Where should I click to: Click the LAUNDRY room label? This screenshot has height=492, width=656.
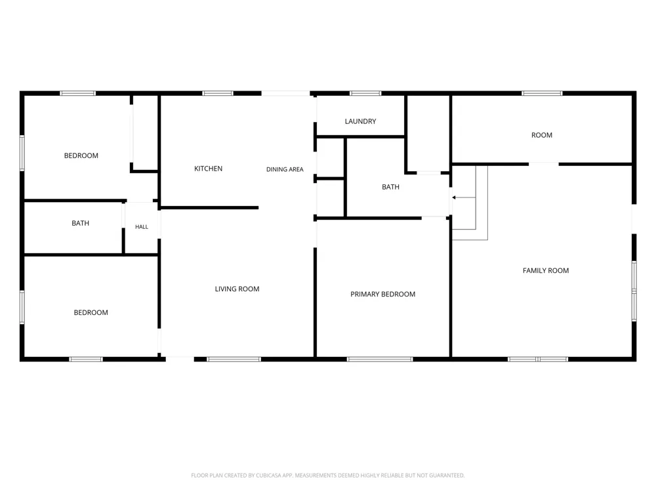pyautogui.click(x=360, y=121)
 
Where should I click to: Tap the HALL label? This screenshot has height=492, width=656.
pyautogui.click(x=142, y=227)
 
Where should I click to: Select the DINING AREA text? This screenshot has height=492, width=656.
pyautogui.click(x=285, y=169)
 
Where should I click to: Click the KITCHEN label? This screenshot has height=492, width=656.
pyautogui.click(x=209, y=169)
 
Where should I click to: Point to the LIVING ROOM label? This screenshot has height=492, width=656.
pyautogui.click(x=237, y=289)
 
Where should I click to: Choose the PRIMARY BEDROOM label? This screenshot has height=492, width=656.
pyautogui.click(x=383, y=294)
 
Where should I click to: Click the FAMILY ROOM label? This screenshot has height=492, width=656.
pyautogui.click(x=546, y=271)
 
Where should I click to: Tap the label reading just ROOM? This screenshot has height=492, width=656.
pyautogui.click(x=542, y=135)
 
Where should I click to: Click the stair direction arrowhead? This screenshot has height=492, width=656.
pyautogui.click(x=454, y=197)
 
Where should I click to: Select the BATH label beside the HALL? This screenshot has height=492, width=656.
pyautogui.click(x=80, y=224)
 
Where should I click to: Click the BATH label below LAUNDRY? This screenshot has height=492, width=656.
pyautogui.click(x=390, y=187)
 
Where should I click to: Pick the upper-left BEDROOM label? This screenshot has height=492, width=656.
pyautogui.click(x=81, y=155)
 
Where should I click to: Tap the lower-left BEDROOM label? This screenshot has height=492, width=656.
pyautogui.click(x=91, y=312)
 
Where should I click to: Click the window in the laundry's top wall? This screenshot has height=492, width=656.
pyautogui.click(x=365, y=93)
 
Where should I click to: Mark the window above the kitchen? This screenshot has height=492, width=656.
pyautogui.click(x=218, y=93)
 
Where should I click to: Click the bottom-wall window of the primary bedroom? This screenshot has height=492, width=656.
pyautogui.click(x=380, y=359)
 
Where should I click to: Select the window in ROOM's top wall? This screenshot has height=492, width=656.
pyautogui.click(x=542, y=93)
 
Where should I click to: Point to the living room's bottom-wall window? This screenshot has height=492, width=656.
pyautogui.click(x=234, y=359)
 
